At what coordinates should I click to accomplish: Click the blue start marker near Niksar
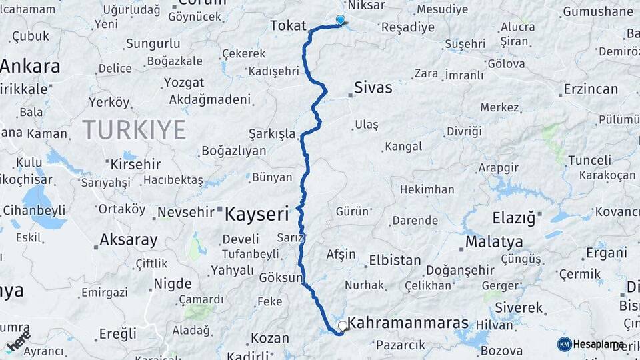[341, 20]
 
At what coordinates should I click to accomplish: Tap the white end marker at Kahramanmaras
[343, 326]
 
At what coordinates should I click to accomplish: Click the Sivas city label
[373, 87]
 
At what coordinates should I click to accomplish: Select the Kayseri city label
[257, 214]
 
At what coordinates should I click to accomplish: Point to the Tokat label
[288, 26]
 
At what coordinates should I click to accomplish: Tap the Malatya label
[494, 241]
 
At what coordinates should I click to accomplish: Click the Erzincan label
[590, 89]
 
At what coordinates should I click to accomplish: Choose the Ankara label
[31, 67]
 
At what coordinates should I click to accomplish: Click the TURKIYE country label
[134, 129]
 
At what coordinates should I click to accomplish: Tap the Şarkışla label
[271, 134]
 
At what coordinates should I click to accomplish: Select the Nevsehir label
[186, 213]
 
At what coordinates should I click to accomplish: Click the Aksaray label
[128, 239]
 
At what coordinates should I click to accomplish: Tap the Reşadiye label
[407, 27]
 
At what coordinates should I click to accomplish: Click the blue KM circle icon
[564, 344]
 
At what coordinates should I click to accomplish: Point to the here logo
[19, 341]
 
